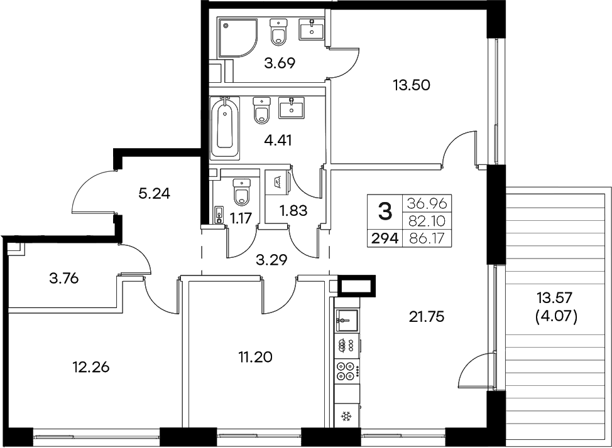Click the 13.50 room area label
coord(411,85)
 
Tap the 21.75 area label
coord(427,317)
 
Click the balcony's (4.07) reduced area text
coord(555,317)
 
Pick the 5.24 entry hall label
coord(155,193)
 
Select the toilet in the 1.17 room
coord(241,193)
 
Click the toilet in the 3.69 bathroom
coord(278,32)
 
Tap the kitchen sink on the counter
coord(346,320)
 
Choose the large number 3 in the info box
coord(384,209)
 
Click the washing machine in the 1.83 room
coord(277,181)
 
